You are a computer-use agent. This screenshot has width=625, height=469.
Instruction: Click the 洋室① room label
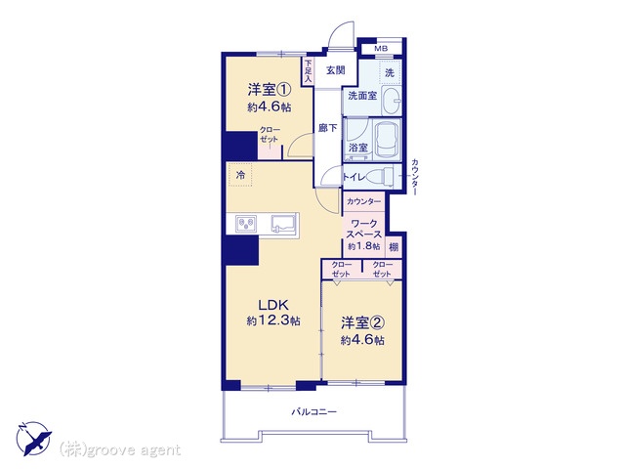click(270, 90)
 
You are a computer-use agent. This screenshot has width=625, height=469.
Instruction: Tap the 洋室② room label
click(362, 322)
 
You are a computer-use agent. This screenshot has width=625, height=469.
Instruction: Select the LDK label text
click(273, 305)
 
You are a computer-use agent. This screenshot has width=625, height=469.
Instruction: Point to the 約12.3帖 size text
click(273, 320)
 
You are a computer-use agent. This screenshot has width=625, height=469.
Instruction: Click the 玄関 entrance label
click(336, 70)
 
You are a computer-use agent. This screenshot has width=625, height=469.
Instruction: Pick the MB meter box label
click(381, 49)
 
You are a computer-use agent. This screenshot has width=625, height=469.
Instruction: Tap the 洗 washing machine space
click(390, 72)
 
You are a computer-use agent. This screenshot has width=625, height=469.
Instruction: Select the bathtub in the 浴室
click(387, 140)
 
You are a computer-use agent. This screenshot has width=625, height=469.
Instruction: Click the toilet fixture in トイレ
click(383, 176)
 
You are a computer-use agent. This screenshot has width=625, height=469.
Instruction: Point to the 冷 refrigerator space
click(240, 175)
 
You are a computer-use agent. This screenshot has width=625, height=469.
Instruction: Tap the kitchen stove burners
click(246, 224)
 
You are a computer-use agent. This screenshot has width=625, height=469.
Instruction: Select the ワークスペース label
click(364, 229)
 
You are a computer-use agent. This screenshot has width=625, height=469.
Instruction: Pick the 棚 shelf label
click(394, 247)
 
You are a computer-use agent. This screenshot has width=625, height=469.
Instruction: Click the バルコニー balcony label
click(313, 412)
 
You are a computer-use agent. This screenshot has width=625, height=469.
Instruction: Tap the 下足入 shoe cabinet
click(309, 71)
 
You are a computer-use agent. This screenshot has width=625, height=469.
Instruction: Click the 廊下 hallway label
click(327, 128)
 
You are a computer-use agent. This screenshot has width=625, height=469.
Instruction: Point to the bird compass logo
click(34, 439)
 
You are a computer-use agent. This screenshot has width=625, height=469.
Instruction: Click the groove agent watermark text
click(119, 449)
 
